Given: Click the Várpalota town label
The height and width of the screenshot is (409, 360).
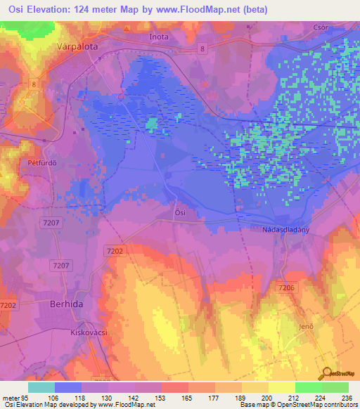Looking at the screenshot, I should point(75,44).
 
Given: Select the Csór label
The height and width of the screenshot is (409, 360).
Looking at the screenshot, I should point(321,27).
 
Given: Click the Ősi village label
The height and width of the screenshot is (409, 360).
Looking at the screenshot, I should point(181,212).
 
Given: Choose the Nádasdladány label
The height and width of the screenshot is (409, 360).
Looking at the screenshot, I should point(281,229).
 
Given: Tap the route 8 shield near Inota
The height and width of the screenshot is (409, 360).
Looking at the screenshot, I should point(202,48).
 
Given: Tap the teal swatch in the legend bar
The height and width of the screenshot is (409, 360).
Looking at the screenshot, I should point(41,387).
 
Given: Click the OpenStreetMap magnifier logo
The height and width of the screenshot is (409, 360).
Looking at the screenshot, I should point(326,373).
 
